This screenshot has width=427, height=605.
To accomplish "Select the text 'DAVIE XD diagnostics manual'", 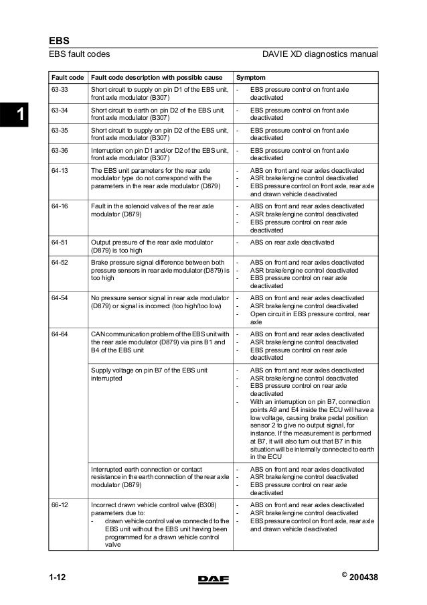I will coord(321,54).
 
